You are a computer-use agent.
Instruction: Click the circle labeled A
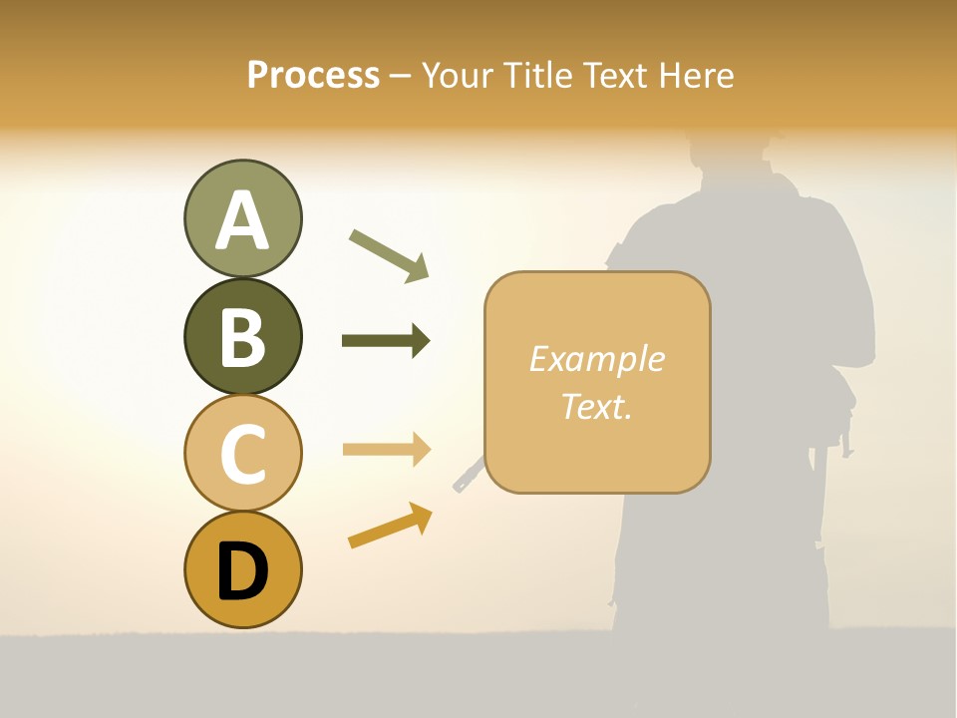[x=242, y=218]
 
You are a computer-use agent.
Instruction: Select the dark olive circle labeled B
[x=242, y=336]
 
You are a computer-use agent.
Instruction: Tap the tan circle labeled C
[x=242, y=453]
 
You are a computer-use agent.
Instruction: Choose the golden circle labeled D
[x=242, y=569]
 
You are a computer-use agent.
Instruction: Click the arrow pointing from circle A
[x=390, y=255]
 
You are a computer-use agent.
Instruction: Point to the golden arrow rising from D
[x=390, y=526]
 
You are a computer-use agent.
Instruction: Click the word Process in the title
[x=313, y=75]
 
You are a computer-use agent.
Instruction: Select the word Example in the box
[x=597, y=359]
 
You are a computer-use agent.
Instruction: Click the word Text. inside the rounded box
[x=597, y=406]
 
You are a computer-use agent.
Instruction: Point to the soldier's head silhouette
[x=733, y=160]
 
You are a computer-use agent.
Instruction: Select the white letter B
[x=242, y=336]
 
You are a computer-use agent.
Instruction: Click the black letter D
[x=242, y=571]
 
